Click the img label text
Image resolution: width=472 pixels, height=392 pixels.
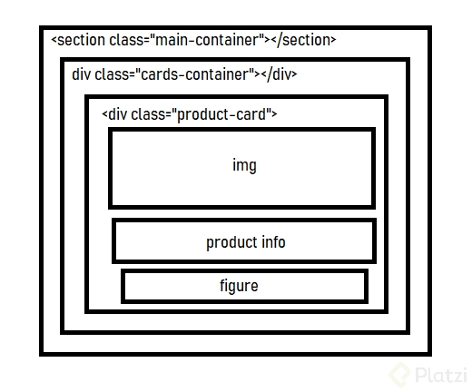pos(244,166)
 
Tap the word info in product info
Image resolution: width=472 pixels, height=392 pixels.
pos(273,242)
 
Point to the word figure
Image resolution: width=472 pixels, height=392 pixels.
pos(239,286)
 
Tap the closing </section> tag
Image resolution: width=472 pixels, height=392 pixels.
pos(303,41)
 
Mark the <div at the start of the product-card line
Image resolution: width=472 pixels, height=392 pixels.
pos(114,114)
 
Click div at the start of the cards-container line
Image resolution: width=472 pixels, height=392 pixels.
pos(81,74)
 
